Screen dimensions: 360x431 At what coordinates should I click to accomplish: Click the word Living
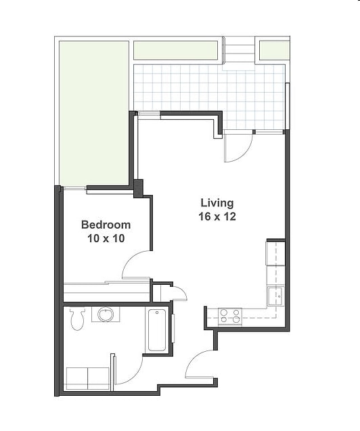(217, 204)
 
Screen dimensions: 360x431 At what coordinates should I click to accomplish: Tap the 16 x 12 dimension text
(217, 217)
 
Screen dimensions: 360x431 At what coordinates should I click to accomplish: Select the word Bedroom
(106, 225)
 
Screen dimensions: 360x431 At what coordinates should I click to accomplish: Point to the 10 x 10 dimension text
(106, 238)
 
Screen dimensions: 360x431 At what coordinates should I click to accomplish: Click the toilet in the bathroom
(77, 318)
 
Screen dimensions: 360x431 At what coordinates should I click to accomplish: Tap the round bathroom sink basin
(106, 315)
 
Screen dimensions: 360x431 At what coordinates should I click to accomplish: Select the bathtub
(157, 330)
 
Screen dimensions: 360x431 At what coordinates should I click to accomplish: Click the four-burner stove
(230, 317)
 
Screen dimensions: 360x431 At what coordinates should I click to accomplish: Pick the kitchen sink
(276, 296)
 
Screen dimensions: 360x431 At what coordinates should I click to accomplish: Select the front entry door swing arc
(193, 359)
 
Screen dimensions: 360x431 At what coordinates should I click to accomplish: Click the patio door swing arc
(245, 155)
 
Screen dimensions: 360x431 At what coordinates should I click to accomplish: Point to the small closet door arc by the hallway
(182, 290)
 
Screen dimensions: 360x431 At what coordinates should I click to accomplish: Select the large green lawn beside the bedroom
(94, 113)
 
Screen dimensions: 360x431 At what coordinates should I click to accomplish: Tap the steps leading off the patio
(239, 50)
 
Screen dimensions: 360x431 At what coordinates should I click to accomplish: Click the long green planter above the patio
(176, 50)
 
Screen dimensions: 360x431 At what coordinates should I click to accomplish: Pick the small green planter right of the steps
(274, 50)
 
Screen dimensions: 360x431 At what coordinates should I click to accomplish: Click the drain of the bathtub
(157, 313)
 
